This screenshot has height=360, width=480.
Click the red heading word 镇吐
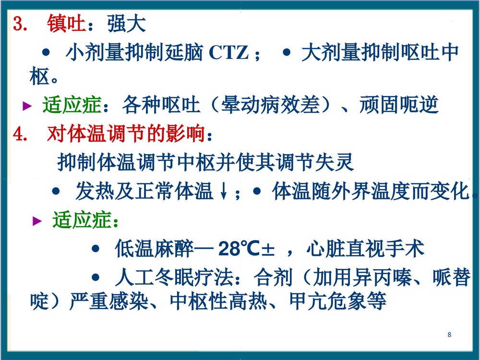pos(66,24)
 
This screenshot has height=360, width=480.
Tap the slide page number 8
pos(449,335)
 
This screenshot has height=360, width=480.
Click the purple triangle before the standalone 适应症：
pos(37,221)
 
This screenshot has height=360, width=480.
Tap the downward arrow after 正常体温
pos(223,193)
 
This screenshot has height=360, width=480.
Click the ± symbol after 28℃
pos(269,250)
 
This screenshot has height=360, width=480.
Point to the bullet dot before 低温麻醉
pos(96,249)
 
